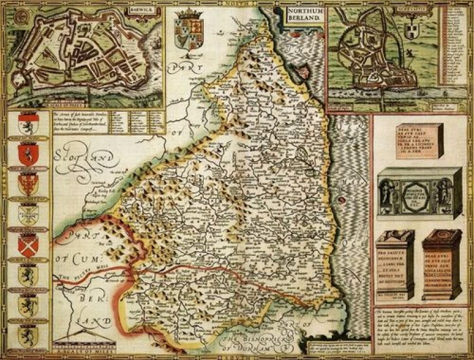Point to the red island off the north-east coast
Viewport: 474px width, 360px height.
306,72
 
